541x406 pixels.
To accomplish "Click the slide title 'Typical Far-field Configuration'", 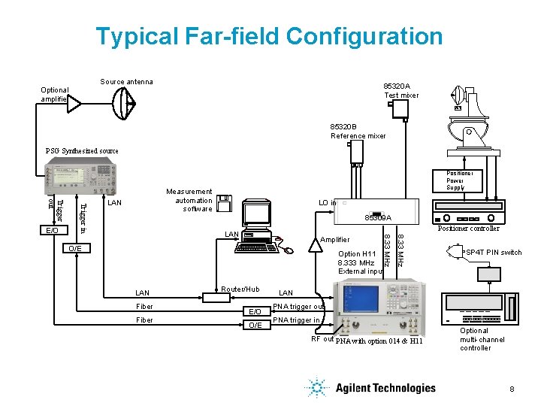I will click(x=270, y=36).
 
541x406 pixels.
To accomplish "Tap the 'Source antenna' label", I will click(x=126, y=82).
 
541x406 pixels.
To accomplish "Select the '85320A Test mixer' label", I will click(x=401, y=90).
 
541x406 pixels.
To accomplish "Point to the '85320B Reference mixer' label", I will click(x=358, y=131).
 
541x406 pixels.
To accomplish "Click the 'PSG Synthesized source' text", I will click(x=82, y=150).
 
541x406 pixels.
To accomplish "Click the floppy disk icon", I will click(x=223, y=204).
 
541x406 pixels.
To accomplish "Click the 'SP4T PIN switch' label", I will click(x=494, y=253).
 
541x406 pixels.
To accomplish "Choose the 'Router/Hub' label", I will click(x=240, y=289).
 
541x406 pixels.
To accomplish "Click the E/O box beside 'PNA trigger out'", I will click(x=255, y=311).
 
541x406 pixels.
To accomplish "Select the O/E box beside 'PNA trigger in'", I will click(x=255, y=325).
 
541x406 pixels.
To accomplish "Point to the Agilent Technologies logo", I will click(x=371, y=388).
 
